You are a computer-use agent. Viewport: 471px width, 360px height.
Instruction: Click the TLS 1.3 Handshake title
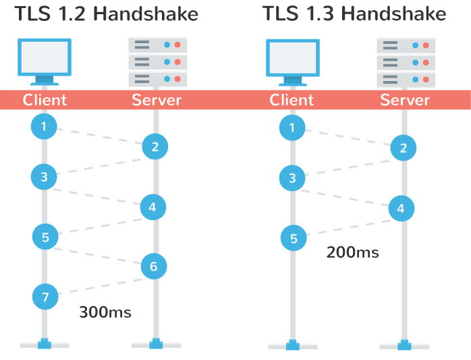[354, 14]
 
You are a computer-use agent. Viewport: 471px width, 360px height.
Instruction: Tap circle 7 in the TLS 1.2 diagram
[45, 296]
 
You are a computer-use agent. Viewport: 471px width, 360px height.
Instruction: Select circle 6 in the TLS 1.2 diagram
[154, 267]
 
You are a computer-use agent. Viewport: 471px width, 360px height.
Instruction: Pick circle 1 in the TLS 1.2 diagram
[44, 126]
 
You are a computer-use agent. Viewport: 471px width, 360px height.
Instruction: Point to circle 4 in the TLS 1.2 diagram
[153, 207]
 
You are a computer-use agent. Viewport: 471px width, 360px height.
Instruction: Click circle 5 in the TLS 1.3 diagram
[294, 238]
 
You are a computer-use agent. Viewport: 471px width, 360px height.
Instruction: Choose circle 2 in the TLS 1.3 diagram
[403, 149]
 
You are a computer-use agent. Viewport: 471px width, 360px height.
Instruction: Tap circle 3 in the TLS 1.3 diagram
[292, 178]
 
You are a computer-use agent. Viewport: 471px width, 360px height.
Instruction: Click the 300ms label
[105, 312]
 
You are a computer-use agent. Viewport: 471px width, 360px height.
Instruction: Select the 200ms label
[352, 253]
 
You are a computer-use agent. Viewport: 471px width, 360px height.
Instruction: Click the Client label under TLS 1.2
[45, 100]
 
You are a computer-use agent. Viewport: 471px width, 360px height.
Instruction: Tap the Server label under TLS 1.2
[157, 100]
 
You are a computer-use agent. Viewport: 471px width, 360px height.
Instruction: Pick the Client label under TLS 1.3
[292, 100]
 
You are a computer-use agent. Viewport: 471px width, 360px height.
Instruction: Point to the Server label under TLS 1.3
[405, 100]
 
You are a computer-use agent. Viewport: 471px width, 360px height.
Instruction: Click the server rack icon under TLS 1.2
[157, 61]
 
